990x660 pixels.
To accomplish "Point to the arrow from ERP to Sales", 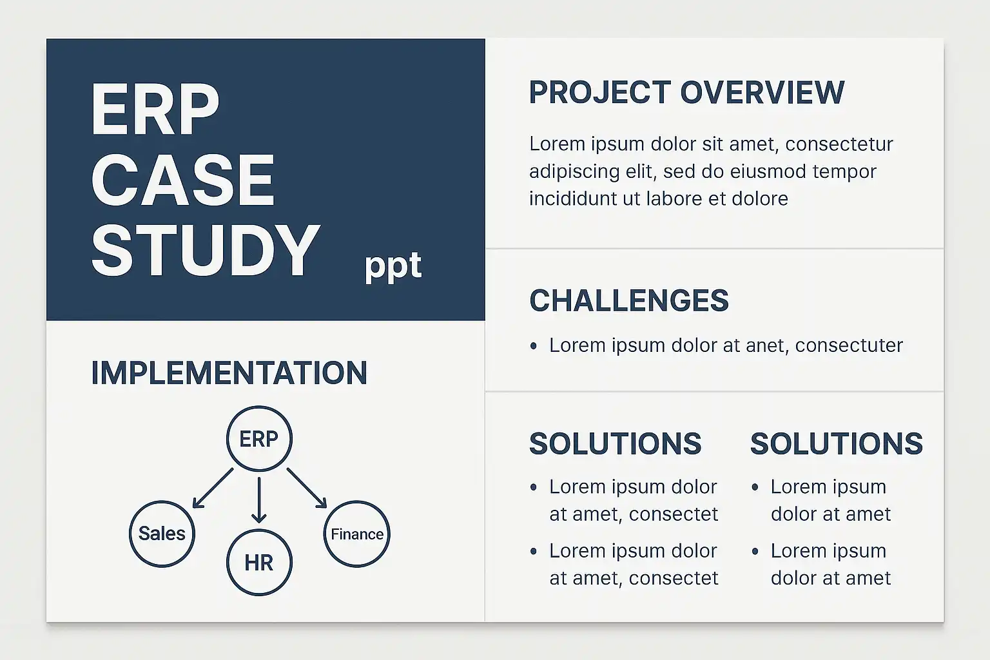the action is tap(213, 488).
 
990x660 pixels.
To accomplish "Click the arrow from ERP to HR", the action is tap(259, 500).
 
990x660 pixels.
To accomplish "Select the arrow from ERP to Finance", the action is tap(307, 488).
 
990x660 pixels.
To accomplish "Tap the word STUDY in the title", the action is tap(205, 251).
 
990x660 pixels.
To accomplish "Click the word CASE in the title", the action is tap(183, 180).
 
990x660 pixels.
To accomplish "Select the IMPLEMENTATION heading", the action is tap(229, 373).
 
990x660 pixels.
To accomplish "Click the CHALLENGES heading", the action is tap(629, 300).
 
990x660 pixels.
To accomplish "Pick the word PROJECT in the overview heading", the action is tap(600, 93).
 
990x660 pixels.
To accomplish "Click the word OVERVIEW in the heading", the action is tap(762, 93).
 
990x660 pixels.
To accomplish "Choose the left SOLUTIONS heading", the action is tap(616, 443).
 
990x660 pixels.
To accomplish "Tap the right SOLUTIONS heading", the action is tap(837, 443).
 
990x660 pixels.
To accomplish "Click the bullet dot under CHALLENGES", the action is tap(534, 345).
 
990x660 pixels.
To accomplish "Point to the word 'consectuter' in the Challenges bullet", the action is tap(849, 345).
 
